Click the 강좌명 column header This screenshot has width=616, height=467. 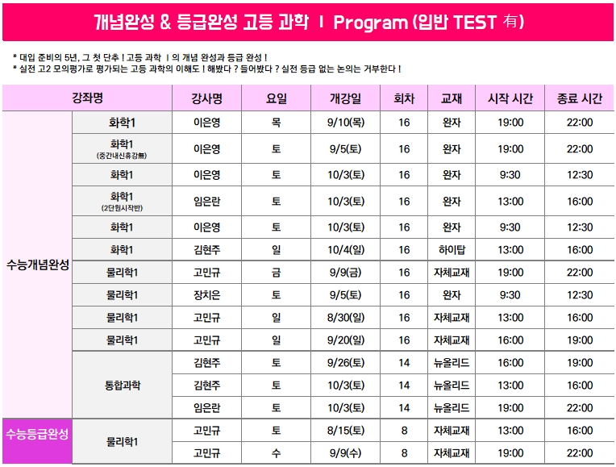[x=87, y=98]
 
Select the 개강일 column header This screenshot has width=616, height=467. [x=345, y=98]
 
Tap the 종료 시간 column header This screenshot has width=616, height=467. [x=580, y=98]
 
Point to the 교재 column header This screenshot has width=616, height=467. [x=451, y=98]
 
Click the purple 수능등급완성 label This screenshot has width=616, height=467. [x=37, y=434]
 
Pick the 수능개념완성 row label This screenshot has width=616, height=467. [x=37, y=265]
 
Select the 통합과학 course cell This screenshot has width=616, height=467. [x=123, y=386]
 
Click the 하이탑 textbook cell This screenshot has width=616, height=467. [x=452, y=249]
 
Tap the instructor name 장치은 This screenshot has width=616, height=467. [x=207, y=295]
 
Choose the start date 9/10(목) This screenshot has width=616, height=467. [x=346, y=123]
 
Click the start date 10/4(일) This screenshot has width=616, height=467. [x=346, y=249]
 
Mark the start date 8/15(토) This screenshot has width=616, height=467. [x=346, y=431]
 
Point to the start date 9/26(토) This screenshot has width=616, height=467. [x=346, y=362]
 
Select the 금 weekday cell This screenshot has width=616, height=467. [x=277, y=273]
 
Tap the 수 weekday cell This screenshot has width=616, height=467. [x=277, y=453]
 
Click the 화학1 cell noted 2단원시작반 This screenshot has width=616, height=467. [x=122, y=201]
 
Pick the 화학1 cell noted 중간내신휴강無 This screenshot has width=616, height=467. [x=122, y=148]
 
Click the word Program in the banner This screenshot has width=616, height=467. [x=370, y=23]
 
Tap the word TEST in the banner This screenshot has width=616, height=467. [x=475, y=22]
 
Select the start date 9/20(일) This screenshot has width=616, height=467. [x=346, y=340]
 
